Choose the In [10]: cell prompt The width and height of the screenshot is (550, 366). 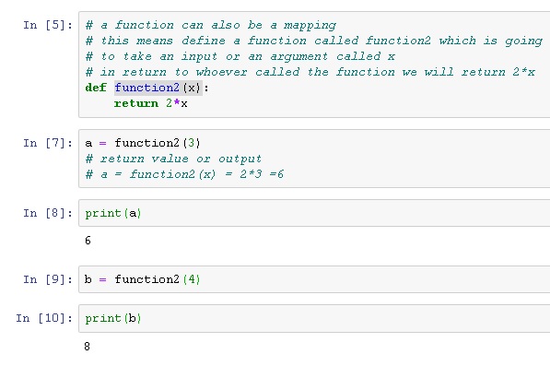(x=42, y=318)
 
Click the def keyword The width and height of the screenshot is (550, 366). (x=96, y=88)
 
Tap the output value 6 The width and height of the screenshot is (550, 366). (x=88, y=241)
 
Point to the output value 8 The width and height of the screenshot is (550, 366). (x=88, y=347)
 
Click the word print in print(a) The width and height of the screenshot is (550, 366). (x=103, y=213)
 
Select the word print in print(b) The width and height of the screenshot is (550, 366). (x=103, y=318)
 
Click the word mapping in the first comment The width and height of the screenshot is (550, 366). (x=310, y=25)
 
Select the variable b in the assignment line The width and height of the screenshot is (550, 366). (x=88, y=279)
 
